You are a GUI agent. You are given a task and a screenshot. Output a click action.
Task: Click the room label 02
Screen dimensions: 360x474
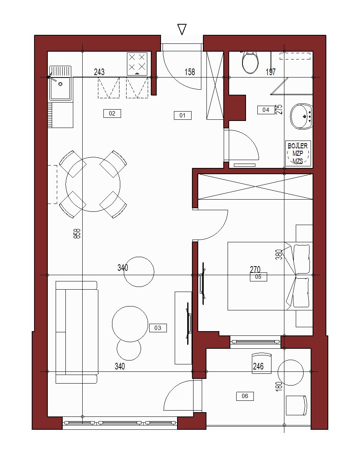click(x=112, y=114)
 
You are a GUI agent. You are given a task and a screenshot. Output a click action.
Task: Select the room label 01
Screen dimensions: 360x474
click(x=183, y=115)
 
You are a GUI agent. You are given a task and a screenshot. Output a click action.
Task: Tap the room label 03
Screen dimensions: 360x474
click(x=158, y=328)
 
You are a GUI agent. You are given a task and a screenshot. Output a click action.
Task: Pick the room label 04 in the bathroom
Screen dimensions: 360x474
click(x=266, y=110)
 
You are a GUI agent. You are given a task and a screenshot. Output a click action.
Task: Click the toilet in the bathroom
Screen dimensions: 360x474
click(x=250, y=63)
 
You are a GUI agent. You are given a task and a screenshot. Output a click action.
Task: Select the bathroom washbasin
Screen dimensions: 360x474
click(x=301, y=117)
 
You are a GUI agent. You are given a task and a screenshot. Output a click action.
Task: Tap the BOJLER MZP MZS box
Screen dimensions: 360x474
click(x=298, y=153)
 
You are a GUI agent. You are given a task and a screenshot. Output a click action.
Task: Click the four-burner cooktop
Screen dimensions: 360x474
click(x=137, y=64)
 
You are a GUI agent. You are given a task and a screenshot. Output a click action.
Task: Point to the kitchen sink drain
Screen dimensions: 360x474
click(x=60, y=84)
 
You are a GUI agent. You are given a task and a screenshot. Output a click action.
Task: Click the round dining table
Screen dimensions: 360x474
click(x=93, y=184)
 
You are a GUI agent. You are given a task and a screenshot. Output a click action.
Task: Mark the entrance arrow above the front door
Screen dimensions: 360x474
click(x=182, y=29)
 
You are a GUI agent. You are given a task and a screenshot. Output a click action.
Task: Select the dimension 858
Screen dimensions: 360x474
click(x=77, y=234)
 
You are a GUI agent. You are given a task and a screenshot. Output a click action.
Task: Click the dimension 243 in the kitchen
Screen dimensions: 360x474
click(x=99, y=72)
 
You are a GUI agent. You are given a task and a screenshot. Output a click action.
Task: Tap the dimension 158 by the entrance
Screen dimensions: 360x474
click(x=190, y=72)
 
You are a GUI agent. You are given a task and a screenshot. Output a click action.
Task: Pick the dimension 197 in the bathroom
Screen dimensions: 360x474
click(x=271, y=72)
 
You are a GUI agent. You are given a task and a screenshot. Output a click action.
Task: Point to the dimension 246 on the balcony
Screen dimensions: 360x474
click(x=258, y=366)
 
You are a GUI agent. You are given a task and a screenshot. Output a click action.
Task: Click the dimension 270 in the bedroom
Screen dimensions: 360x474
click(x=255, y=269)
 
